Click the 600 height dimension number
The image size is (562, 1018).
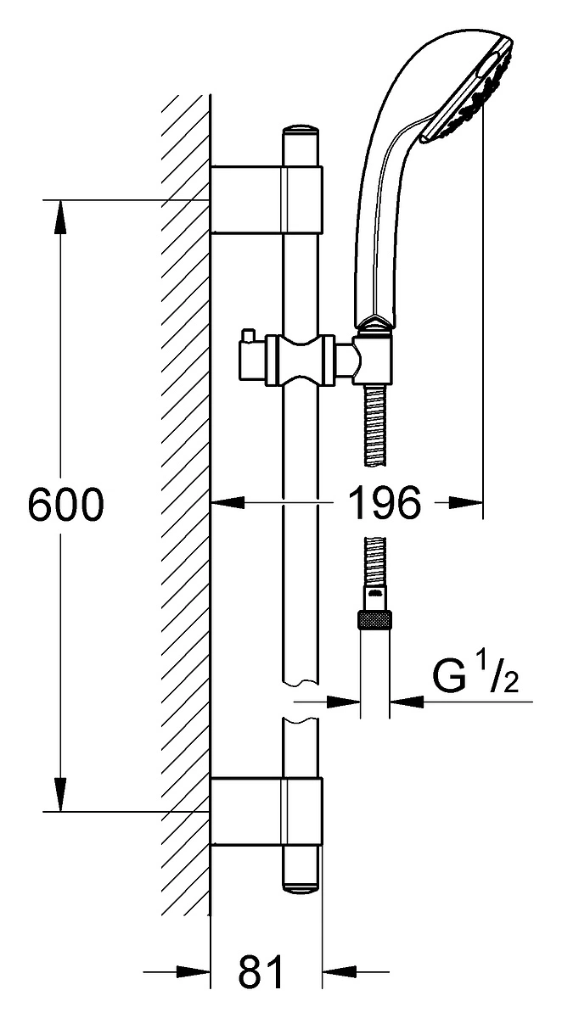point(66,504)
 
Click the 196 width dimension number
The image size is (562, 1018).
point(385,502)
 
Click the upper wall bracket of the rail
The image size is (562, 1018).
point(266,200)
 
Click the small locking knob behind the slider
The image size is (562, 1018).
point(249,335)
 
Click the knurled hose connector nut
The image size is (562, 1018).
point(375,620)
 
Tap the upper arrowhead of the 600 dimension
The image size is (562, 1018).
point(60,217)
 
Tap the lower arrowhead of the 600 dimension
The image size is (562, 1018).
point(60,794)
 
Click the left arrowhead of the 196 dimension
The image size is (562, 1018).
point(228,502)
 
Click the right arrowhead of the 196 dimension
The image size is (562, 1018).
point(465,502)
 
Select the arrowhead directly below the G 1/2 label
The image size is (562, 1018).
point(407,702)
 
